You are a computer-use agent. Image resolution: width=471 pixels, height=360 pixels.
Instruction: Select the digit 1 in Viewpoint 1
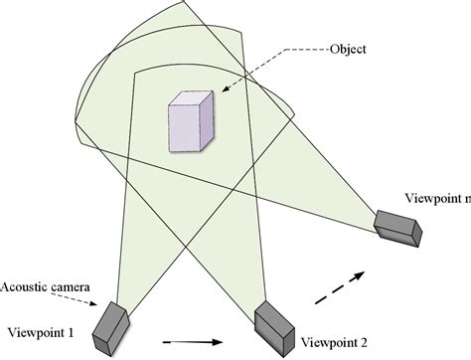coord(73,331)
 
